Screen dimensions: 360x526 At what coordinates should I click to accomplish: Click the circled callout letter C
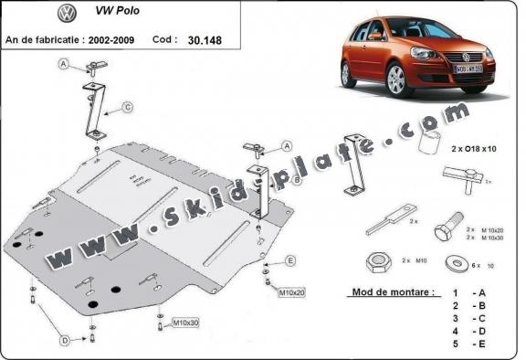coord(127,107)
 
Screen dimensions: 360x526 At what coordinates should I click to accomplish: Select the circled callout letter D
coord(65,340)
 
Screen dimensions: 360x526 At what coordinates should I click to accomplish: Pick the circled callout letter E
coord(290,261)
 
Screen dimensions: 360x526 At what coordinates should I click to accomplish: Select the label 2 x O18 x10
coord(473,147)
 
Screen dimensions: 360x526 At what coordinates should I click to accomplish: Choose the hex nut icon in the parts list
coord(381,265)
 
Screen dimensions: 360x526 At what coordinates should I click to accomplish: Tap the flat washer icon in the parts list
coord(455,265)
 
